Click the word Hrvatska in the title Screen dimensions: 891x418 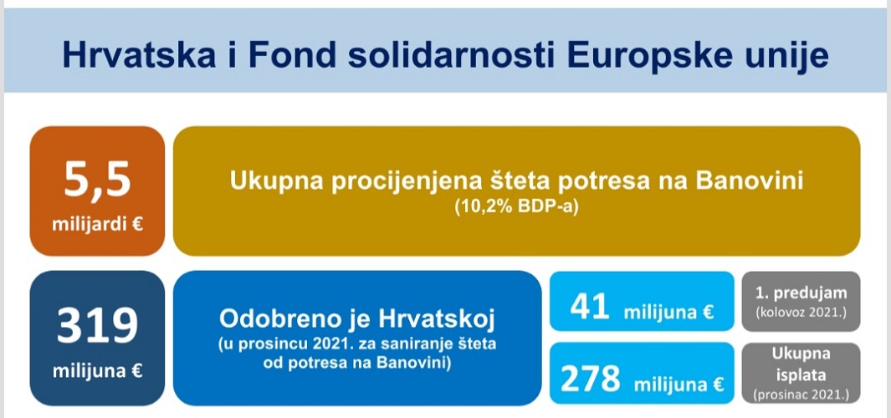tap(139, 55)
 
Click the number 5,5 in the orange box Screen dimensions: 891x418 tap(97, 179)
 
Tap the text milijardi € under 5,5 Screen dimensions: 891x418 tap(97, 225)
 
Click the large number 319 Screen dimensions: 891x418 tap(97, 327)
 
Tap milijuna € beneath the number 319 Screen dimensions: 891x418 tap(97, 371)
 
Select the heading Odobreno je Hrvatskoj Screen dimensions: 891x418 tap(357, 319)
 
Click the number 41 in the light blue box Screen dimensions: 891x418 tap(591, 308)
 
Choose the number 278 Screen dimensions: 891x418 tap(591, 380)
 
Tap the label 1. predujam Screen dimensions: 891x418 tap(801, 293)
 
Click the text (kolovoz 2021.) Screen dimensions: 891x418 tap(801, 312)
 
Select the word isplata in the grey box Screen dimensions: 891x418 tap(801, 375)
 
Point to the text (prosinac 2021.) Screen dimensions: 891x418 tap(801, 395)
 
